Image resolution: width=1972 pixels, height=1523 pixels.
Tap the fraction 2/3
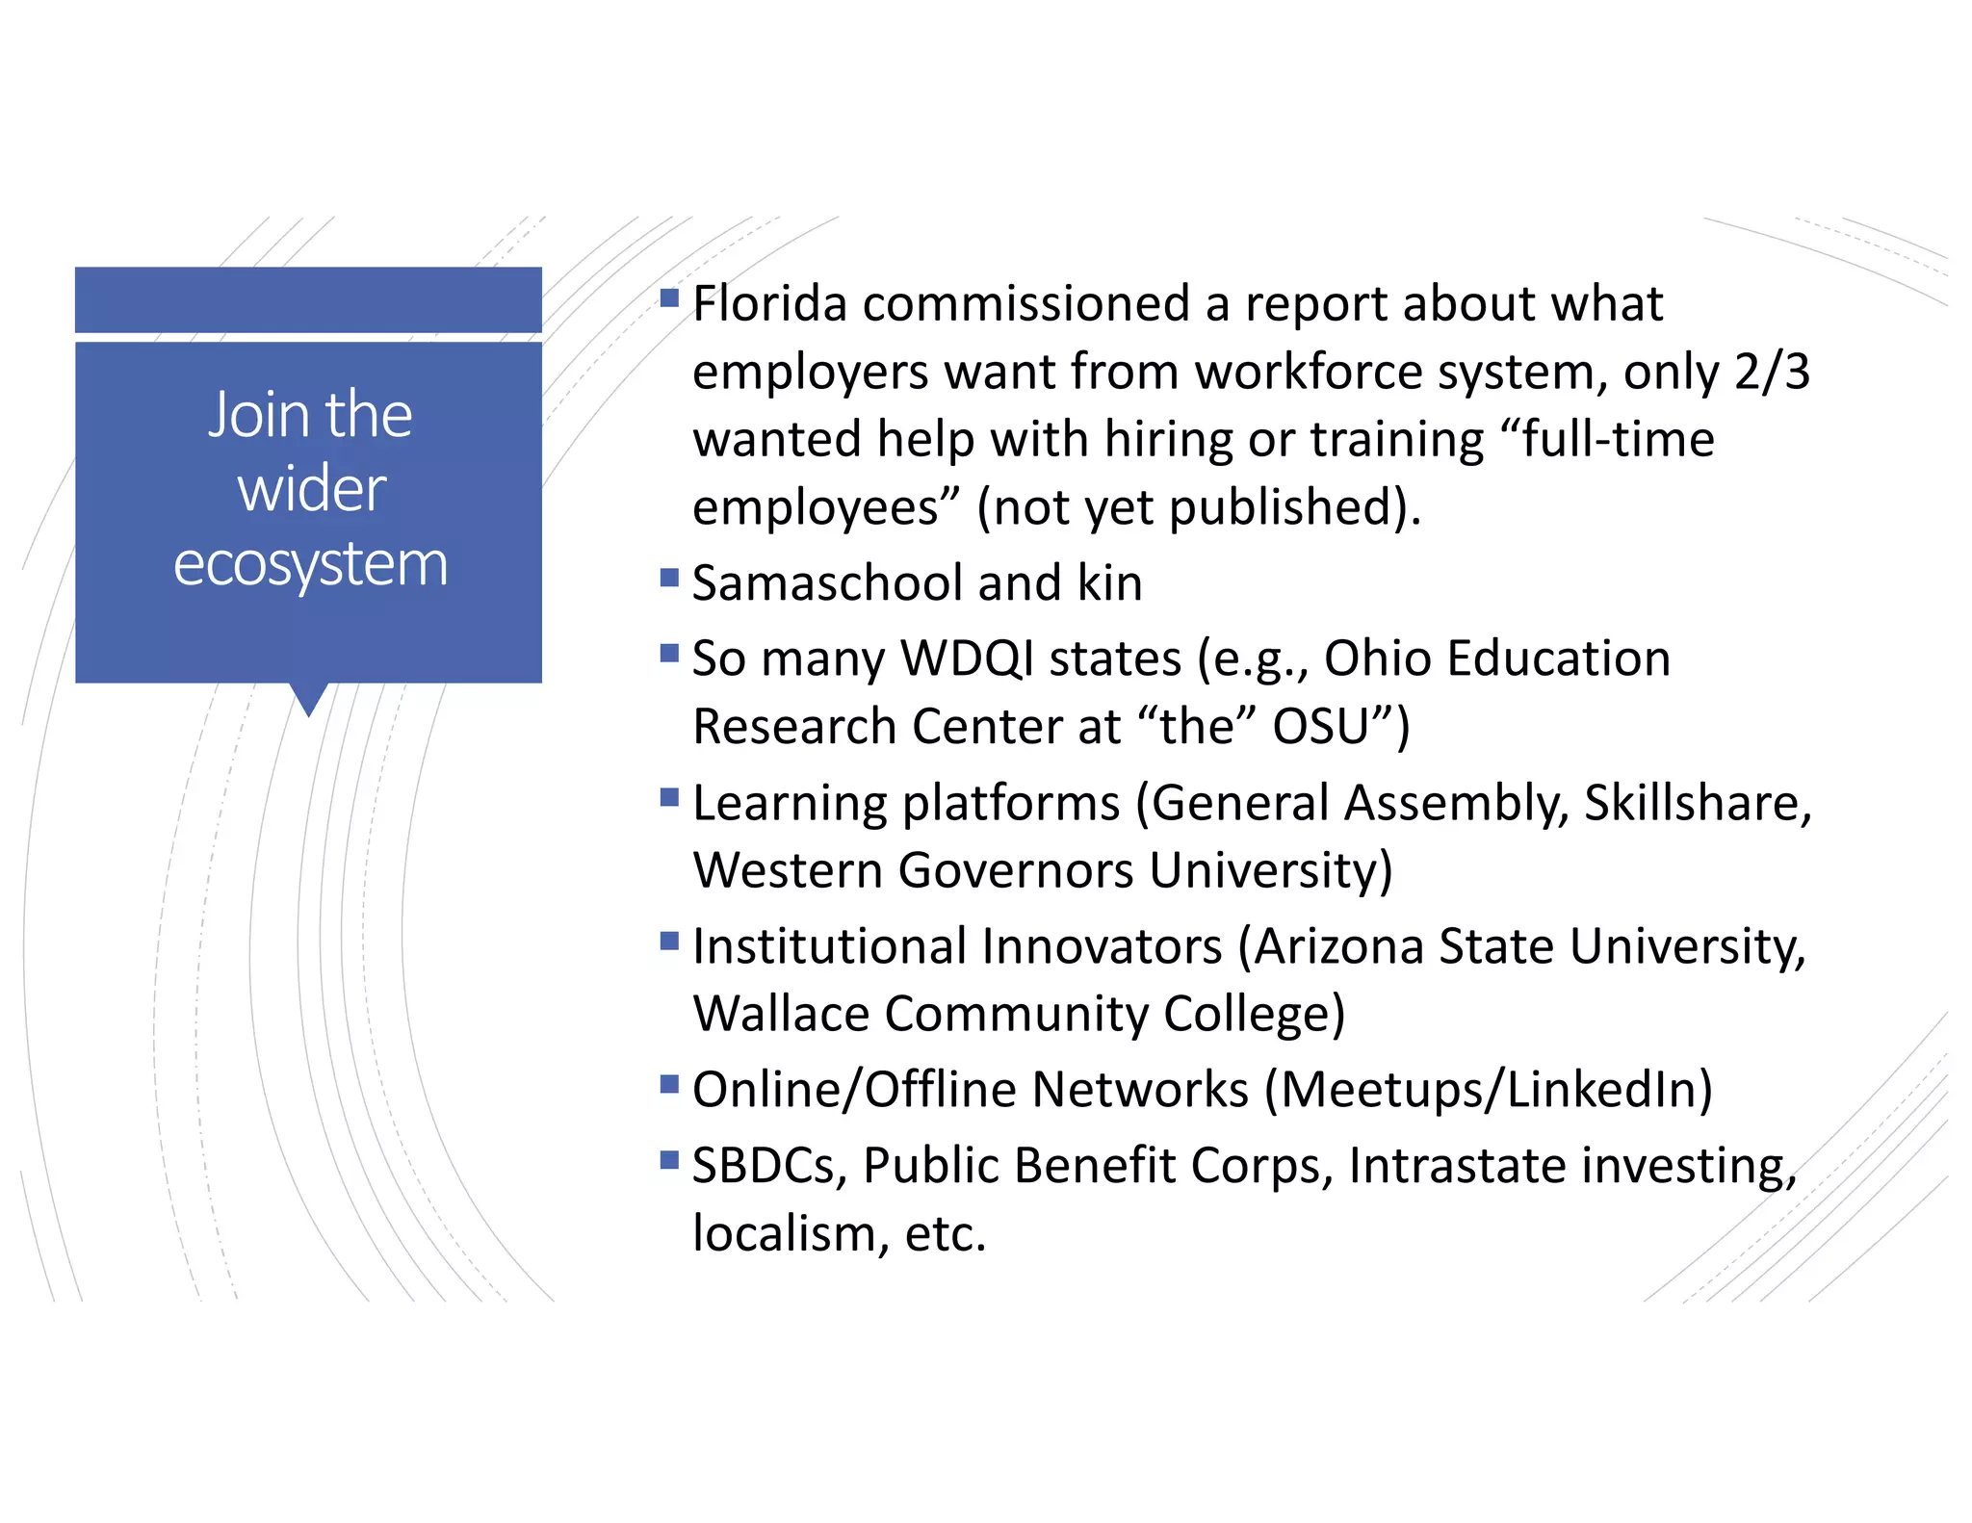(x=1772, y=372)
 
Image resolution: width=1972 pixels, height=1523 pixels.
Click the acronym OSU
(x=1320, y=727)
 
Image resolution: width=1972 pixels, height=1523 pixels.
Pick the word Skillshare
(x=1698, y=803)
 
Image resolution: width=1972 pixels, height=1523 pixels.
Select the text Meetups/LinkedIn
(x=1489, y=1090)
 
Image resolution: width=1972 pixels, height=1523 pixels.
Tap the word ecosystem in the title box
(x=310, y=564)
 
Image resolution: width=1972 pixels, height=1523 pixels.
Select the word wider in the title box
(x=311, y=489)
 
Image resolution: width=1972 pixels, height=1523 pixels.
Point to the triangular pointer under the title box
(x=308, y=698)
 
